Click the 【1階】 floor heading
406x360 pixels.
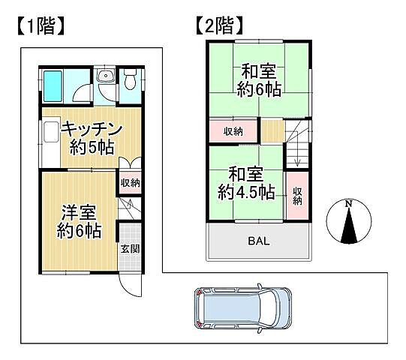point(38,27)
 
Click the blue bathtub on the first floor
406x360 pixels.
point(55,87)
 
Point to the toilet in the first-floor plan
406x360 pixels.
point(131,79)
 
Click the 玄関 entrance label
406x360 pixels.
point(129,249)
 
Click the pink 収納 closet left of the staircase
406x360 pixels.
point(233,131)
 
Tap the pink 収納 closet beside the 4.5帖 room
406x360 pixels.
point(297,195)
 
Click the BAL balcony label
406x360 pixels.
point(259,241)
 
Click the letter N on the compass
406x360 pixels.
point(348,204)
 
